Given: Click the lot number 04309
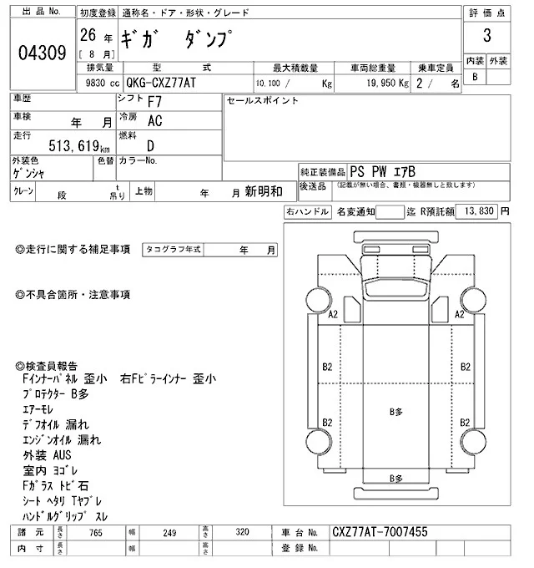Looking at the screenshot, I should pyautogui.click(x=42, y=53).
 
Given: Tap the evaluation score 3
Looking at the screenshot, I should pyautogui.click(x=486, y=38).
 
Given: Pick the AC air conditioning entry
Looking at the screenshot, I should pyautogui.click(x=154, y=120).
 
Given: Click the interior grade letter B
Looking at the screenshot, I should pyautogui.click(x=476, y=77).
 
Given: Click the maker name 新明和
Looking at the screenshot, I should pyautogui.click(x=264, y=191).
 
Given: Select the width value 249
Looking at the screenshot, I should pyautogui.click(x=170, y=532).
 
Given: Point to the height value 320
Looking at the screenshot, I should pyautogui.click(x=241, y=532).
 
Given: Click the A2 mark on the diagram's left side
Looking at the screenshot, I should pyautogui.click(x=332, y=314).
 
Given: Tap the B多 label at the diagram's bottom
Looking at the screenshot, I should pyautogui.click(x=395, y=477).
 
